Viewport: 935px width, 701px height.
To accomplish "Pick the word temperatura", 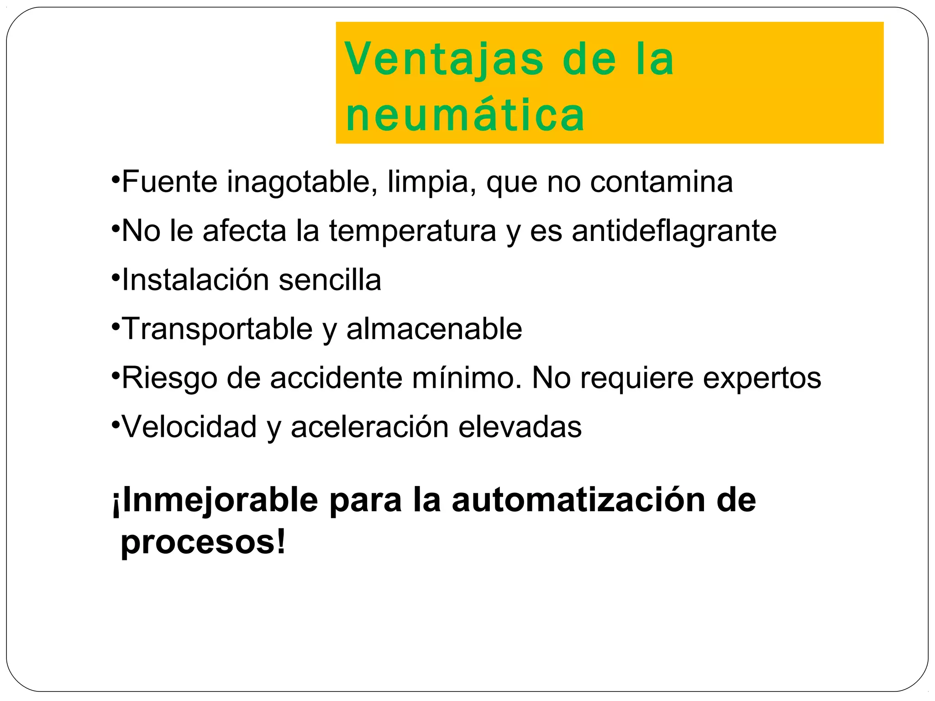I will [412, 231].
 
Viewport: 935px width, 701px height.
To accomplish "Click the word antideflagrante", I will [674, 231].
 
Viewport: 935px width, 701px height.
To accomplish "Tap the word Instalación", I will [195, 280].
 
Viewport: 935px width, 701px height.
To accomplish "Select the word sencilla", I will [330, 280].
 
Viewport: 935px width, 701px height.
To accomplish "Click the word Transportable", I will [217, 329].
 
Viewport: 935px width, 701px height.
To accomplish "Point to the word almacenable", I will [434, 329].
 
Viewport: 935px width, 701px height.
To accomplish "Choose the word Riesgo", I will [169, 379].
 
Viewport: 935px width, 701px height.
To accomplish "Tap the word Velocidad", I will [189, 427].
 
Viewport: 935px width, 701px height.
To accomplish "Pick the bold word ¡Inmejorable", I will [215, 501].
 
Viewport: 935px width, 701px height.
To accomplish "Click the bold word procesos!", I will [203, 543].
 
